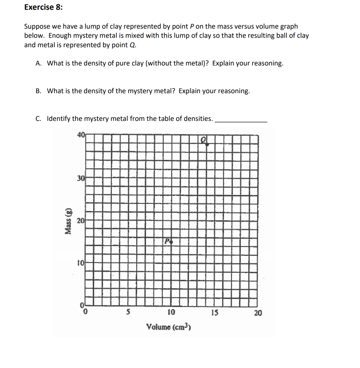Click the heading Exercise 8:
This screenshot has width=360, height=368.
coord(43,7)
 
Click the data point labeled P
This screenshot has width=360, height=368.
coord(172,242)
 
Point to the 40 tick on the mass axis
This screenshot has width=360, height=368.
coord(81,135)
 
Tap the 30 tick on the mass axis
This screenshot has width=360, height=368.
coord(81,178)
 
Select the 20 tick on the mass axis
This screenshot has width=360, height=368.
coord(81,221)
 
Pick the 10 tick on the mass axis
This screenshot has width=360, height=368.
coord(81,263)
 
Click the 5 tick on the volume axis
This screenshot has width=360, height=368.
coord(128,313)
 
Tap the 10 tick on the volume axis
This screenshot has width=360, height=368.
coord(171,313)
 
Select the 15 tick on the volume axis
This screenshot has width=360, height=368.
coord(215,313)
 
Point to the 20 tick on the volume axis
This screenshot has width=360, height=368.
coord(258,313)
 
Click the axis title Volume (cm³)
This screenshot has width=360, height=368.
coord(169,327)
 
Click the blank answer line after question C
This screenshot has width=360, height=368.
coord(241,121)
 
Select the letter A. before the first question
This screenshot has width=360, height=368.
coord(39,63)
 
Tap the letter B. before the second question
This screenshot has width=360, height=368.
coord(39,91)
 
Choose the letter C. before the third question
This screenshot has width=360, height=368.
coord(38,119)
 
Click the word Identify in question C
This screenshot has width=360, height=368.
coord(58,119)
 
